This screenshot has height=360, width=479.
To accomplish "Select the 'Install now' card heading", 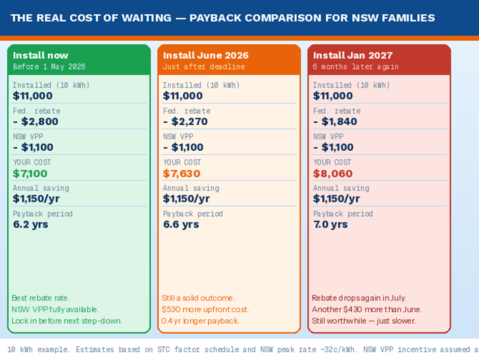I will click(x=41, y=55).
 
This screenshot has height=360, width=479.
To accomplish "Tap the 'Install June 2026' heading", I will click(x=206, y=55).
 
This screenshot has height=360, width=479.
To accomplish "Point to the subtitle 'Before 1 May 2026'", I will click(x=49, y=66).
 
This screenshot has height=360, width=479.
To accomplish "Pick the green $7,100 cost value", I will click(x=30, y=173).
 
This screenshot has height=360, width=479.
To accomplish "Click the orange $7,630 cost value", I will click(x=182, y=173).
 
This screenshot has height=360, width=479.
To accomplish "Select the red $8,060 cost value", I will click(x=333, y=173).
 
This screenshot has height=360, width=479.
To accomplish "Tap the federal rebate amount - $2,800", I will click(x=35, y=122).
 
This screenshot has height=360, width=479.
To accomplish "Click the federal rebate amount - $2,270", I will click(x=185, y=122).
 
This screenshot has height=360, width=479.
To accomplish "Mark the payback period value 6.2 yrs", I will click(x=30, y=224).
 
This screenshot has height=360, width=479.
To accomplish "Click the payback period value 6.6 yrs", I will click(x=181, y=224).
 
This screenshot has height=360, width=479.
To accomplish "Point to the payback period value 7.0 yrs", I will click(x=330, y=224).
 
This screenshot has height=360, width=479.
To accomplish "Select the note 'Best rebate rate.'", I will click(x=40, y=298).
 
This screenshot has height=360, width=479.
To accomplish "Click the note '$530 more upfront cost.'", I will click(x=205, y=309).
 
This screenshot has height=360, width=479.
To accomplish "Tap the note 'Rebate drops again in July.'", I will click(x=359, y=298).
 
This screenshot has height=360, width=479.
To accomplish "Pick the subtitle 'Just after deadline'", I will click(x=204, y=66).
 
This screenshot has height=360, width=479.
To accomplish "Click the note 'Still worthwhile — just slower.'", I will click(x=364, y=321).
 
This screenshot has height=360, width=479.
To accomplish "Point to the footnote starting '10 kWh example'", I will click(x=241, y=350).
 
